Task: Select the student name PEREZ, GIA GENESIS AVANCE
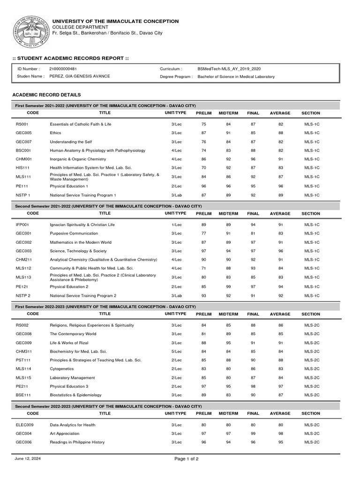[80, 76]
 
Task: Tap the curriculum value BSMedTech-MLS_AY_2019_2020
[229, 68]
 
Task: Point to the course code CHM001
[23, 159]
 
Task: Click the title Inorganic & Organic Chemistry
[78, 159]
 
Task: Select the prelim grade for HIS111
[204, 167]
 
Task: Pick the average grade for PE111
[281, 186]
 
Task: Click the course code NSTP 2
[23, 295]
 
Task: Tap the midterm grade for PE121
[228, 286]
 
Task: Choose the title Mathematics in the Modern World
[81, 242]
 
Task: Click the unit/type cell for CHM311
[176, 351]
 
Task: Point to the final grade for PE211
[253, 386]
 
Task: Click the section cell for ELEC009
[312, 425]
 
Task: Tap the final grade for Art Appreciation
[253, 433]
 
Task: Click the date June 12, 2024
[28, 458]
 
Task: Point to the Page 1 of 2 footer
[186, 459]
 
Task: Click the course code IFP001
[22, 225]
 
